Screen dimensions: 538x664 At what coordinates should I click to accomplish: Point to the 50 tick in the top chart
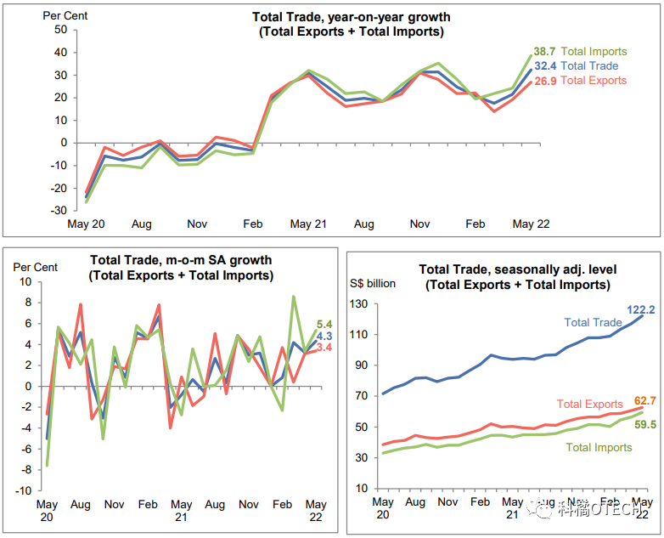pos(60,29)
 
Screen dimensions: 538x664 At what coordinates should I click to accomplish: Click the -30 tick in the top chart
pos(58,211)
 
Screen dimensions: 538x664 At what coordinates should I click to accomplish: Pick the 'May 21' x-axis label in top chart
pos(308,224)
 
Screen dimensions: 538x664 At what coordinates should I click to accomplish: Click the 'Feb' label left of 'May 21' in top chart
pos(253,224)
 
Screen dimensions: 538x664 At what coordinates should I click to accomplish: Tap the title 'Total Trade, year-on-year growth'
pos(352,17)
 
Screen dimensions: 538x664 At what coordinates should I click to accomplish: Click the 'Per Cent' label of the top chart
pos(65,15)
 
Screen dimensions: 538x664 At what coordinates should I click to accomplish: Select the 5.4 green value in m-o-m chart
pos(324,324)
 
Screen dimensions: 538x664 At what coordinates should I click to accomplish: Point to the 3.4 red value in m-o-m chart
pos(324,348)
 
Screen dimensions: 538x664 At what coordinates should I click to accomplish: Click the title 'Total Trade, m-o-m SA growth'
pos(181,261)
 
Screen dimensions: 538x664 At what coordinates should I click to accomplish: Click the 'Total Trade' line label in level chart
pos(594,322)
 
